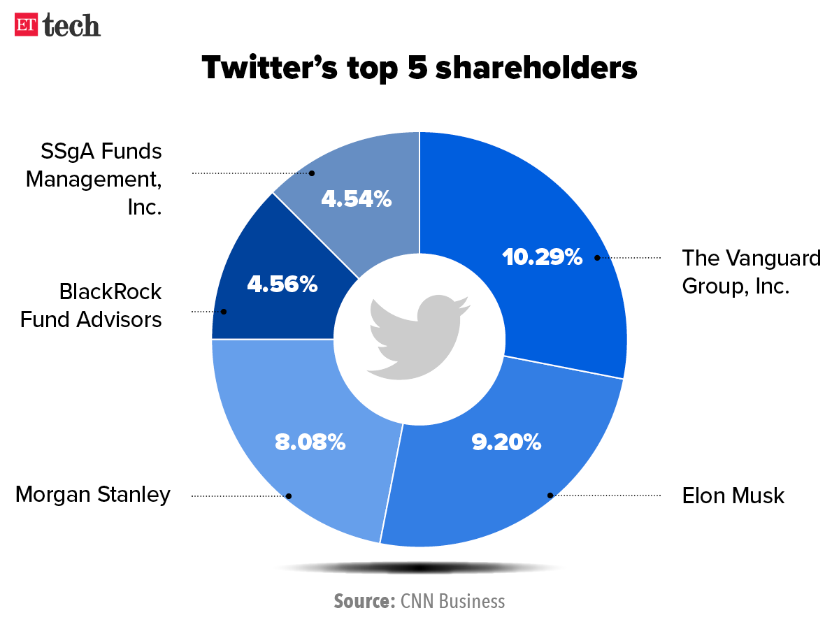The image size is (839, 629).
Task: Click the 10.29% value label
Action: point(543,257)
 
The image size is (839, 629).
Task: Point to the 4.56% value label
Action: point(282,284)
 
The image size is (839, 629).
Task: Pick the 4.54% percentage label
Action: point(356,199)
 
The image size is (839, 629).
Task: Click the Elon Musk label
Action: point(733,496)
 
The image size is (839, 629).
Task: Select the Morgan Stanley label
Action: point(93,495)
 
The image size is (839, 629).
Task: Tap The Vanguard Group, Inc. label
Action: point(752,271)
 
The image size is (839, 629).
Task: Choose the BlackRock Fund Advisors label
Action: point(91,305)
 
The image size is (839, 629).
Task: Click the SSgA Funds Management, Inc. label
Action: point(94,180)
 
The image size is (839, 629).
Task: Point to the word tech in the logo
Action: point(71,26)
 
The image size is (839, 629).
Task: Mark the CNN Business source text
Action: point(452,601)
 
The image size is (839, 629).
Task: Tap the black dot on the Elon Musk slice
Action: point(550,496)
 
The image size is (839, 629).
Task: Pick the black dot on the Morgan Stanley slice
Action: point(289,496)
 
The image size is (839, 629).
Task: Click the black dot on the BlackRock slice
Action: point(224,312)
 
